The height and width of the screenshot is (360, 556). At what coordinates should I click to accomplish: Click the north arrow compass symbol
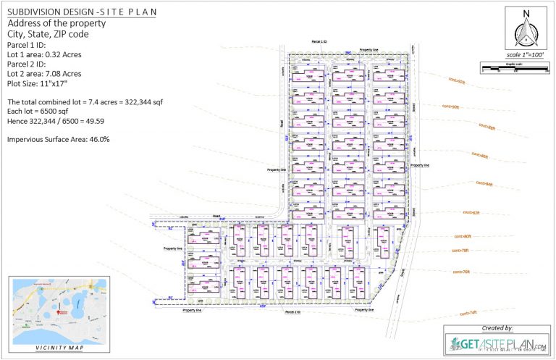pos(526,30)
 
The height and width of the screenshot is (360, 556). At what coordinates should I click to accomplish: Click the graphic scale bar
pos(510,68)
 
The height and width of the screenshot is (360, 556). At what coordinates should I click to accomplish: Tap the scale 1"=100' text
pos(526,55)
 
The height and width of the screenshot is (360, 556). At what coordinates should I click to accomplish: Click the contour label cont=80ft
pos(463,236)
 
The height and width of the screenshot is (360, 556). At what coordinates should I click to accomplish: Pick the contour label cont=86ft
pos(480,154)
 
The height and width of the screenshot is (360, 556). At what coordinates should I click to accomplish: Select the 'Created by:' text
pos(497,328)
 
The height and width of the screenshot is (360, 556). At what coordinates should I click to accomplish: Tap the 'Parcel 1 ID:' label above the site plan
pos(319,43)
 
